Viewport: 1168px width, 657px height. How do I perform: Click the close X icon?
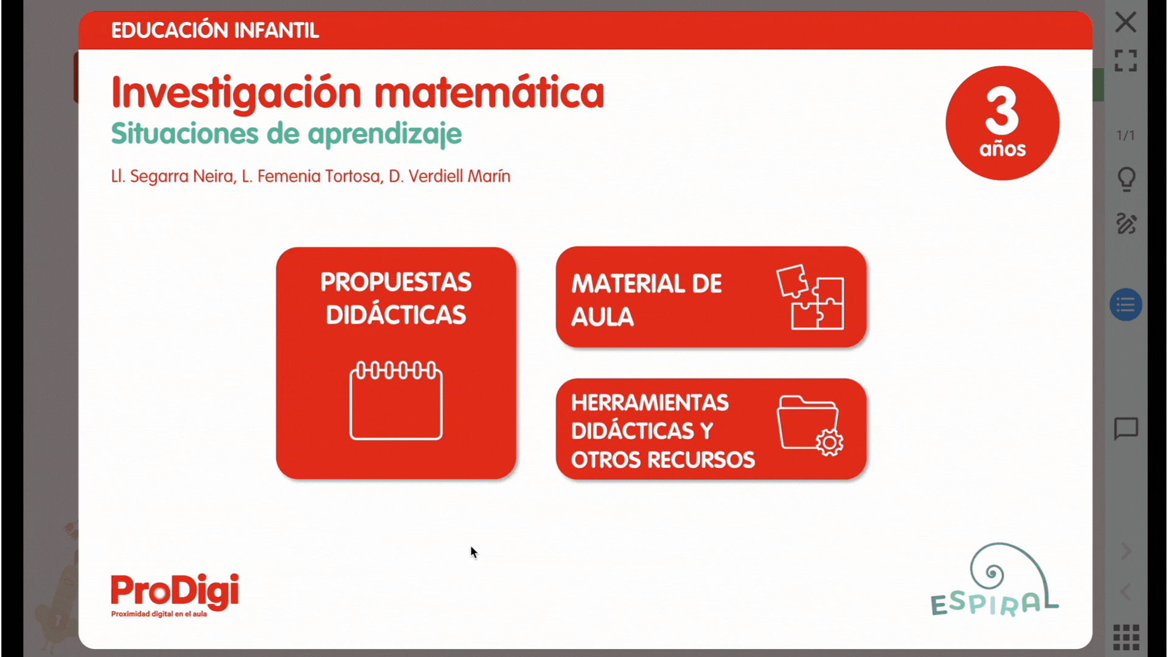tap(1125, 23)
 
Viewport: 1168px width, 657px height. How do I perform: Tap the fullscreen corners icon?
tap(1125, 61)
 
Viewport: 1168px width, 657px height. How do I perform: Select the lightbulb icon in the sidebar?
tap(1126, 179)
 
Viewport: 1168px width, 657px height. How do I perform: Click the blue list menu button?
tap(1125, 305)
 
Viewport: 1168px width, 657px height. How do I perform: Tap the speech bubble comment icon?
tap(1126, 429)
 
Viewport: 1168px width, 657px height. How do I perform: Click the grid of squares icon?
tap(1126, 637)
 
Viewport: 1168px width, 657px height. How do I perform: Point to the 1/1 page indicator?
tap(1125, 135)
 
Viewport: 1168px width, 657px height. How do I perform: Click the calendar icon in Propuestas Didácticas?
tap(396, 400)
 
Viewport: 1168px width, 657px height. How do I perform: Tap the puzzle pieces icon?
tap(810, 297)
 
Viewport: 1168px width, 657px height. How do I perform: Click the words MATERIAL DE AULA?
tap(646, 300)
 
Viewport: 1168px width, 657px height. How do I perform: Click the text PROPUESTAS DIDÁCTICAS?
tap(396, 298)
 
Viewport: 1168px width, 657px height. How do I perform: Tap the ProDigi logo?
tap(175, 596)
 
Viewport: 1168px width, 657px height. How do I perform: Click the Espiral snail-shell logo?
tap(994, 580)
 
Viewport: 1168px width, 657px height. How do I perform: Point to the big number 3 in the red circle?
tap(1002, 110)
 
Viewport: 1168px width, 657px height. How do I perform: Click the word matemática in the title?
tap(489, 92)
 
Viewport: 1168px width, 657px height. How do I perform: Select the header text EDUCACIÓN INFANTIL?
tap(215, 30)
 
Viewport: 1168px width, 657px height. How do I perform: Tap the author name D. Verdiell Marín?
tap(450, 176)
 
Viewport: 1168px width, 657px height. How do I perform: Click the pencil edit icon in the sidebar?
tap(1126, 224)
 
